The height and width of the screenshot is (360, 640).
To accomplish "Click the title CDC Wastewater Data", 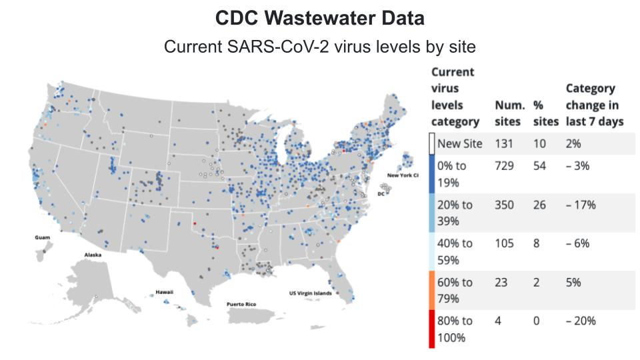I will click(319, 19).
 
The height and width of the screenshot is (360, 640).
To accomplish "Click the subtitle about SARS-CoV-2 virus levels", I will click(319, 47).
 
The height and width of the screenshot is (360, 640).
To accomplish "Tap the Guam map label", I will click(43, 237).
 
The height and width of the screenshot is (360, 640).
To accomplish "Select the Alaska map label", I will click(93, 255).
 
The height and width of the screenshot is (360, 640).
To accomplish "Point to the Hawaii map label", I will click(165, 292).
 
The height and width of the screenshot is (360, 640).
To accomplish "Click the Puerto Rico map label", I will click(241, 304).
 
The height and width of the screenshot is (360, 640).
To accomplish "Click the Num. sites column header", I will click(509, 113).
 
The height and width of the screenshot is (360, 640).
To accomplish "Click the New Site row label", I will click(460, 143).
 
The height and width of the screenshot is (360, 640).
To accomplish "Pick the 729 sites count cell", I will click(505, 166).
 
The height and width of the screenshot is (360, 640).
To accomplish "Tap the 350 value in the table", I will click(505, 205).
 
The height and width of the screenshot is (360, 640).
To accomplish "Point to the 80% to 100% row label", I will click(455, 329).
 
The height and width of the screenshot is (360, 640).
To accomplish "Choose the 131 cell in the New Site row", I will click(504, 143).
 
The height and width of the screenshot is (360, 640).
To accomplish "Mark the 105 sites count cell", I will click(504, 243).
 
